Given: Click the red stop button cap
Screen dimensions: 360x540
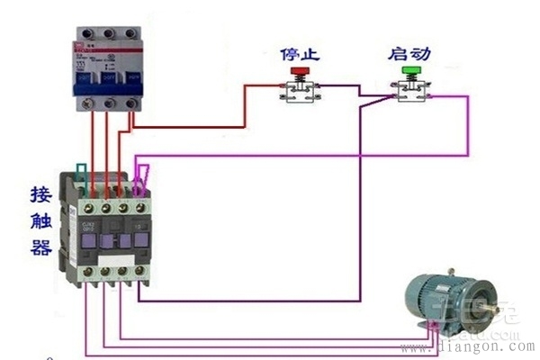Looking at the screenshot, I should tap(298, 69).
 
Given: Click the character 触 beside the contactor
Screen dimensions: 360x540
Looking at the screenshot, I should tap(40, 220).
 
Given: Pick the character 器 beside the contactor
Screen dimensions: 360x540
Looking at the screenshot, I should tap(40, 247).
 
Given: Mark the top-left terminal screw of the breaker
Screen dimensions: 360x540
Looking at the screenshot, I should tap(87, 34).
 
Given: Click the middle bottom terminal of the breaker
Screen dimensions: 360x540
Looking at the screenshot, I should tap(110, 104).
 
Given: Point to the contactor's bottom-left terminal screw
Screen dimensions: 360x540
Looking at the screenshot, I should tap(88, 271).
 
